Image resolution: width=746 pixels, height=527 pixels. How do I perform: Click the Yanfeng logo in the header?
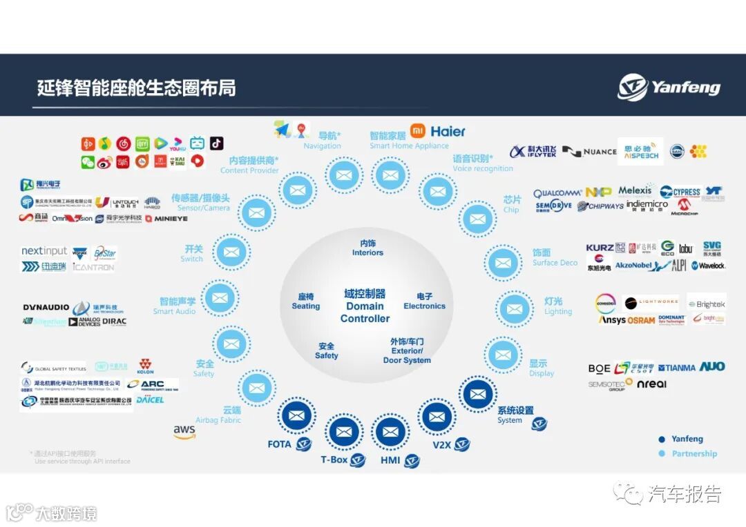pyautogui.click(x=669, y=88)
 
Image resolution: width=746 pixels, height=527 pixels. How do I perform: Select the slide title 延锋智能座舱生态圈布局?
pyautogui.click(x=136, y=88)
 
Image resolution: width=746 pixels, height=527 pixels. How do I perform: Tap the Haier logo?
pyautogui.click(x=448, y=131)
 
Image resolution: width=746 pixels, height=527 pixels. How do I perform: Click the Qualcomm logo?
pyautogui.click(x=557, y=193)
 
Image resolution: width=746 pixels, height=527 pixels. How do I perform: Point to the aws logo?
pyautogui.click(x=184, y=431)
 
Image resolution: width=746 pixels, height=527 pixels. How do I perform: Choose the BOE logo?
pyautogui.click(x=599, y=369)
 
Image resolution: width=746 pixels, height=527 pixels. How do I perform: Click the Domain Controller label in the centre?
pyautogui.click(x=365, y=306)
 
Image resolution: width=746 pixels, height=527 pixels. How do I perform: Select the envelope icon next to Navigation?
pyautogui.click(x=343, y=175)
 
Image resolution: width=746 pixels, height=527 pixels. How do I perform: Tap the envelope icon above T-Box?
pyautogui.click(x=344, y=432)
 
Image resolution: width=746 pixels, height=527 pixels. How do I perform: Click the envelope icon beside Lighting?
pyautogui.click(x=514, y=310)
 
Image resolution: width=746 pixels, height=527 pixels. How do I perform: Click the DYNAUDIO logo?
pyautogui.click(x=46, y=307)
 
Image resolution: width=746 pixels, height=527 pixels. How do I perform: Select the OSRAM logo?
pyautogui.click(x=641, y=321)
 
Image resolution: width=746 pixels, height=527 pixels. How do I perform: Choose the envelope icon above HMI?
pyautogui.click(x=390, y=432)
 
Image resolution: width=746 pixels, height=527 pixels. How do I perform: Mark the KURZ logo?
pyautogui.click(x=599, y=248)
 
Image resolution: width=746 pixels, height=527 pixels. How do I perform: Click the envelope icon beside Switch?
pyautogui.click(x=232, y=252)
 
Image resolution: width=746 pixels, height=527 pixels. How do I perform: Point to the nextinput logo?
pyautogui.click(x=44, y=251)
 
